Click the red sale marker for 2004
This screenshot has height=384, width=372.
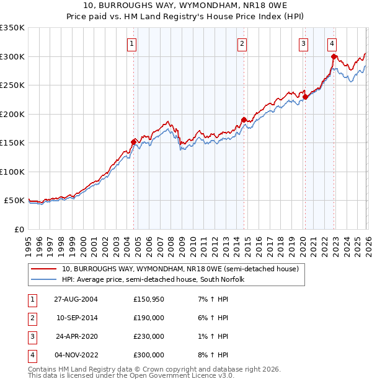coord(133,142)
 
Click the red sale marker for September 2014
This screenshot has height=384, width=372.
coord(244,119)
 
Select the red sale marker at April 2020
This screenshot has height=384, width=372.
coord(305,96)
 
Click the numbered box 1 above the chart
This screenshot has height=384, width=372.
coord(133,43)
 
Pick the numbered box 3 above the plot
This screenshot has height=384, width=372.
coord(303,43)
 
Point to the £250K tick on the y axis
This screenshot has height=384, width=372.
coord(12,85)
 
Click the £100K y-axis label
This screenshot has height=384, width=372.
coord(12,172)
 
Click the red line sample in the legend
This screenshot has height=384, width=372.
coord(45,269)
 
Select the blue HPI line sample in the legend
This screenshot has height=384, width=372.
coord(45,279)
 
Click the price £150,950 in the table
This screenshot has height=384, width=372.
coord(148,299)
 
